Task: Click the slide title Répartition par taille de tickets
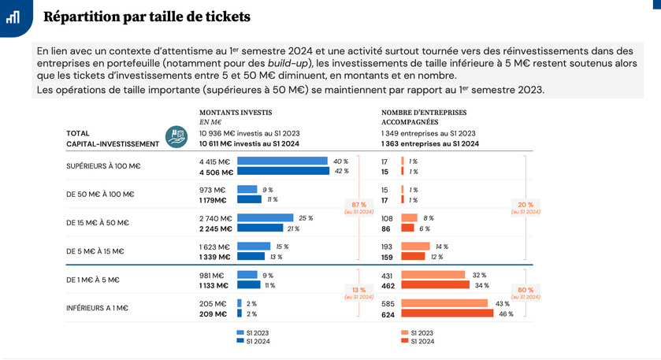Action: (x=147, y=17)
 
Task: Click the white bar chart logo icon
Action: (x=13, y=17)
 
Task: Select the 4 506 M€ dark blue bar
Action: (x=283, y=171)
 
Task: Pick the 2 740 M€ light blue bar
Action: (x=266, y=218)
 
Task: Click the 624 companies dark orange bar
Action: (x=447, y=314)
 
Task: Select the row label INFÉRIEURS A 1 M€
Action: (x=97, y=308)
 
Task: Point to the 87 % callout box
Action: (x=358, y=208)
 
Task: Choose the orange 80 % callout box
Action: (x=526, y=292)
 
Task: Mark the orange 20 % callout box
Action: (x=526, y=208)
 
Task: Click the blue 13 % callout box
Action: (x=358, y=292)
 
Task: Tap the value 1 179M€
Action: (x=217, y=199)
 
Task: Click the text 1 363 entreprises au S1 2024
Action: (x=430, y=144)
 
